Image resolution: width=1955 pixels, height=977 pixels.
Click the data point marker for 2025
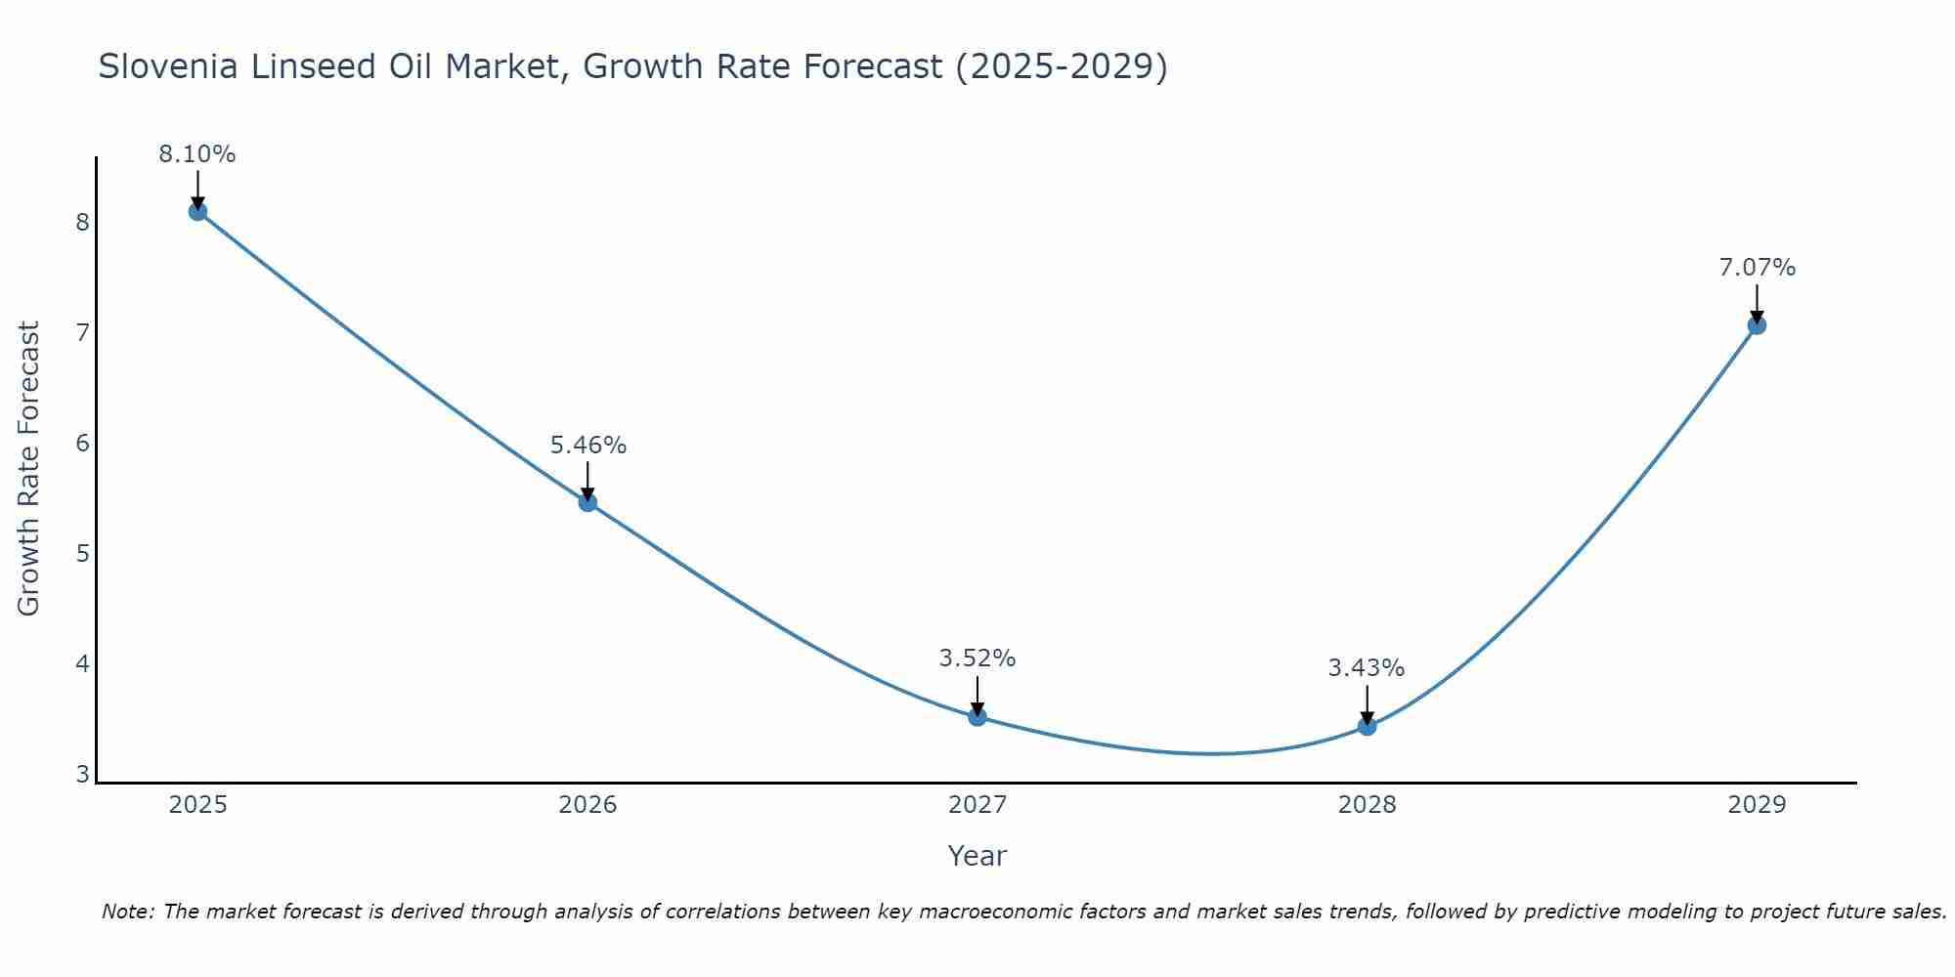[x=197, y=211]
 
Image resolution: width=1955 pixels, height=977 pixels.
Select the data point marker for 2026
[x=587, y=502]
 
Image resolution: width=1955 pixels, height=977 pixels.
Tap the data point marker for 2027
[x=977, y=716]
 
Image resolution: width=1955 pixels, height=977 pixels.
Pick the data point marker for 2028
[x=1367, y=726]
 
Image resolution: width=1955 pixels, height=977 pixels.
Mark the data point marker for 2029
[x=1757, y=325]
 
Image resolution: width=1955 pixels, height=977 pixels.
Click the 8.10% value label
[x=197, y=154]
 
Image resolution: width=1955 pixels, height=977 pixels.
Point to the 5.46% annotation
[x=587, y=446]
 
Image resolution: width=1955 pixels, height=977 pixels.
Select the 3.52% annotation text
[x=977, y=658]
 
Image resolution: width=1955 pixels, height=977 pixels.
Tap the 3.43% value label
[x=1366, y=668]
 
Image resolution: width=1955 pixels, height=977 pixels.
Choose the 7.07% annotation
[x=1757, y=268]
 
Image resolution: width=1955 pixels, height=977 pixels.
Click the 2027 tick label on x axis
[x=977, y=805]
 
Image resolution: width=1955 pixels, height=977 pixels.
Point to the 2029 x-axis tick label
[x=1757, y=805]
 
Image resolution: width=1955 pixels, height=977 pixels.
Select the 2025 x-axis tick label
[x=197, y=805]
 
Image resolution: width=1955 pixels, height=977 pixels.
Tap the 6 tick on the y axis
[x=82, y=444]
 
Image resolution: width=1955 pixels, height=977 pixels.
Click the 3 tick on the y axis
[x=82, y=775]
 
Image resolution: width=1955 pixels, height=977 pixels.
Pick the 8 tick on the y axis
[x=82, y=223]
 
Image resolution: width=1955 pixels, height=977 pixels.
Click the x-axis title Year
[x=977, y=856]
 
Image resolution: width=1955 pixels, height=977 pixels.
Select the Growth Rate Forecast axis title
[x=29, y=469]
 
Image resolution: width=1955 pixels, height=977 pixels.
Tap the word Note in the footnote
[x=126, y=912]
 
